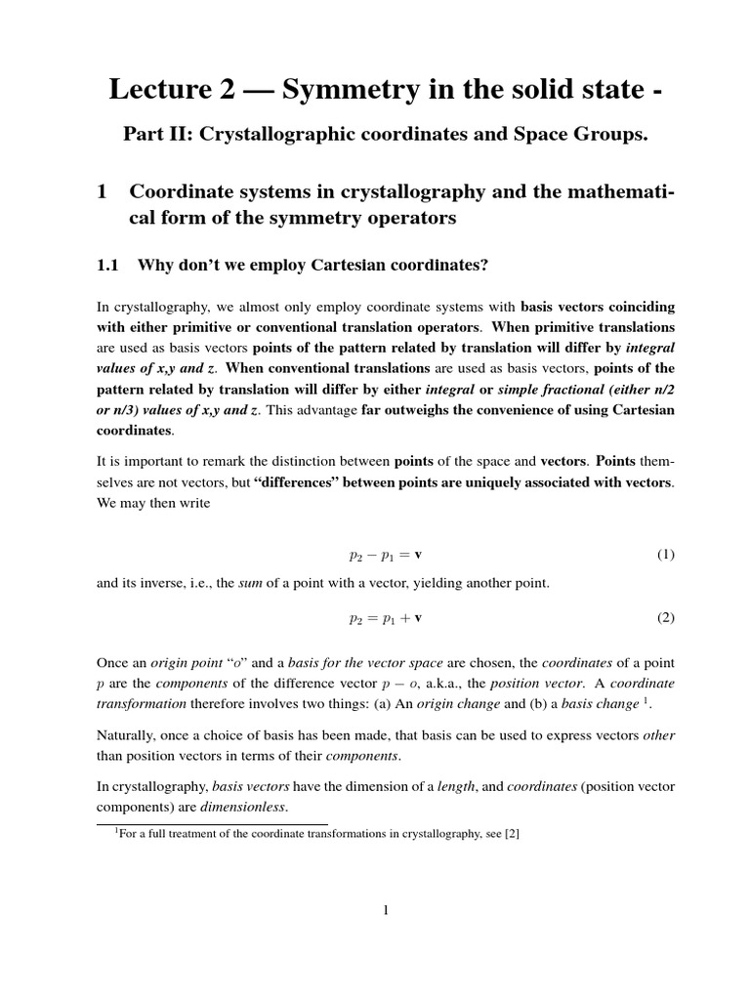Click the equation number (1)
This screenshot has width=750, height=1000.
coord(665,555)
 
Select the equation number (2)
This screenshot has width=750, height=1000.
coord(665,618)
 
